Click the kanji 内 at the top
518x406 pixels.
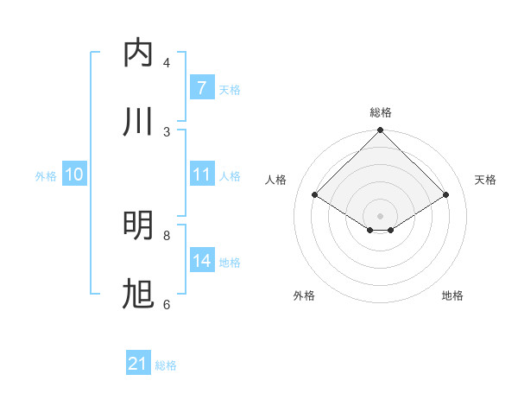pyautogui.click(x=139, y=54)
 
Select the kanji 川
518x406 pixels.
pyautogui.click(x=139, y=121)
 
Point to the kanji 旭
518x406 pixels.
pyautogui.click(x=139, y=295)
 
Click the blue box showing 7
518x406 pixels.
pyautogui.click(x=201, y=87)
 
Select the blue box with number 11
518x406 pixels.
pyautogui.click(x=201, y=174)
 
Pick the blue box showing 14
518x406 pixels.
pyautogui.click(x=201, y=261)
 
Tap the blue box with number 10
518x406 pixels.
pyautogui.click(x=74, y=174)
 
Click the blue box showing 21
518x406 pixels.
pyautogui.click(x=138, y=364)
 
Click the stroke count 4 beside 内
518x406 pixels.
pyautogui.click(x=167, y=63)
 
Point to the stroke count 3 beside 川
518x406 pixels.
pyautogui.click(x=167, y=131)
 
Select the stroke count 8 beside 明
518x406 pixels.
pyautogui.click(x=167, y=235)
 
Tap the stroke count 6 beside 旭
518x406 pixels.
pyautogui.click(x=167, y=304)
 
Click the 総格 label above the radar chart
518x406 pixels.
pyautogui.click(x=380, y=112)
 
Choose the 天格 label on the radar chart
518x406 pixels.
pyautogui.click(x=485, y=180)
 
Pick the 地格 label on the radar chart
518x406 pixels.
pyautogui.click(x=452, y=295)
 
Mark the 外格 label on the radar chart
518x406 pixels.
pyautogui.click(x=304, y=295)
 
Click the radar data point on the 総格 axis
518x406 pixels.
pyautogui.click(x=380, y=131)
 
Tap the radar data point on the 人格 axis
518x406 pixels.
pyautogui.click(x=315, y=195)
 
